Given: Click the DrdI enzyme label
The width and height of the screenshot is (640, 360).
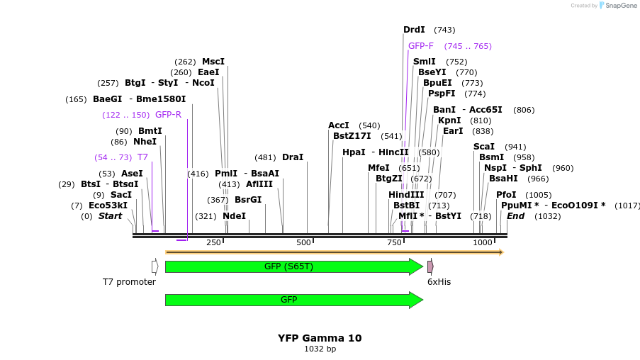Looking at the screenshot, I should (414, 30).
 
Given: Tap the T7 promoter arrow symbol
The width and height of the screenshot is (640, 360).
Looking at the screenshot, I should (155, 266).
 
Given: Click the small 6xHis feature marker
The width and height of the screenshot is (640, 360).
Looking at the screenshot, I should (430, 266).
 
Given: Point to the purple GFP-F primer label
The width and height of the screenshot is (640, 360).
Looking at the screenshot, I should (421, 46).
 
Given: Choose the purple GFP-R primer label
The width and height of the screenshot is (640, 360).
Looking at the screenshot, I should (168, 115).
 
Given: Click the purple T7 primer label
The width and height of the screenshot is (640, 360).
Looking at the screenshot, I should (142, 157).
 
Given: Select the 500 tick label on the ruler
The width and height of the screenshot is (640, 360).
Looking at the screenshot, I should (304, 242).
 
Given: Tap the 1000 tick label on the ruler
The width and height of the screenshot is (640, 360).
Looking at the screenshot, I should (483, 242).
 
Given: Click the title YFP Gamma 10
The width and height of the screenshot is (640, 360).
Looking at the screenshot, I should (320, 338).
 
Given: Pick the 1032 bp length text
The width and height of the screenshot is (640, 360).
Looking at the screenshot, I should (320, 349).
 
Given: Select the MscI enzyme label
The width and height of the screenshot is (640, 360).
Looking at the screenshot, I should (213, 62).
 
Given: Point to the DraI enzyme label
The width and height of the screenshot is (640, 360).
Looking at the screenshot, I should (293, 157).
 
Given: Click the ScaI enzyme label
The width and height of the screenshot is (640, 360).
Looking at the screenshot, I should (484, 147).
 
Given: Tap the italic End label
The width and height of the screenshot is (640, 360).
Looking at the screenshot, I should (515, 216).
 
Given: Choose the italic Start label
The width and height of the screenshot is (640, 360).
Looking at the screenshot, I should (110, 216).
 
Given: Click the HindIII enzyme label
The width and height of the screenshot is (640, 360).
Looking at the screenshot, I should (406, 195).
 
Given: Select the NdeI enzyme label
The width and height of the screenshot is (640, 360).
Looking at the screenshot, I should (234, 216).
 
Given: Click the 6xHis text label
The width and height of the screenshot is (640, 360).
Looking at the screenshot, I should (439, 281).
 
